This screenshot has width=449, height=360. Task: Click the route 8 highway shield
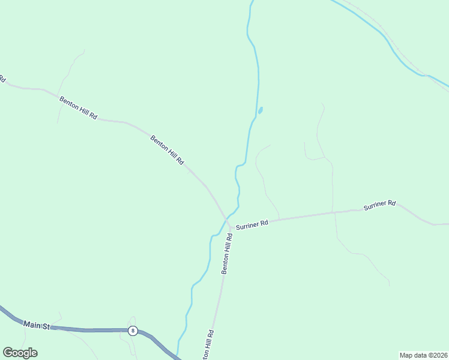[x=133, y=331]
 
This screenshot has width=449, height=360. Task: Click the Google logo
[x=20, y=353]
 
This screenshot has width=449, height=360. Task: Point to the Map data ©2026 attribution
[x=423, y=355]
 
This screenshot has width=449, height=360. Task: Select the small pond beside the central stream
[x=260, y=110]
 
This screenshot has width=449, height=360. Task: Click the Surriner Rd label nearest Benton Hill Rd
[x=252, y=224]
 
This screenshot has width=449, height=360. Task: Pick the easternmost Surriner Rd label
[x=379, y=205]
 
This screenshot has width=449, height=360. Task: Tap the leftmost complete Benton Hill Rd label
[x=78, y=107]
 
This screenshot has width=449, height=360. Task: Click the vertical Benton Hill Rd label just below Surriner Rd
[x=226, y=254]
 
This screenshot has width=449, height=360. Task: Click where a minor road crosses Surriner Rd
[x=333, y=212]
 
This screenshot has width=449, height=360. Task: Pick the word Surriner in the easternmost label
[x=375, y=206]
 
